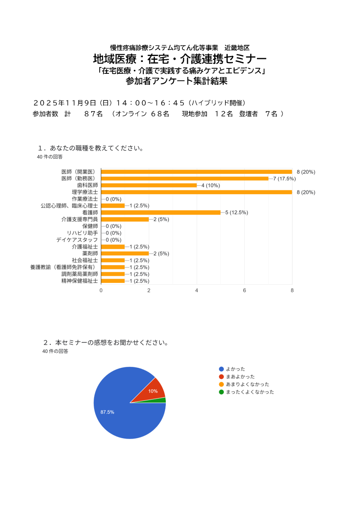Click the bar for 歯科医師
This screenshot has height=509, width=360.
coord(149,185)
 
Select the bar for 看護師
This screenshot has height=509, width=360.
coord(161,213)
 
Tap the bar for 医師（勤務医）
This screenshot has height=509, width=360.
coord(184,179)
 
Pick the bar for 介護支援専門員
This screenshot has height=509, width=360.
coord(125,219)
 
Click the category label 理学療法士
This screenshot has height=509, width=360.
coord(85,192)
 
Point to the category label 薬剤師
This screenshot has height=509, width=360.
coord(90,254)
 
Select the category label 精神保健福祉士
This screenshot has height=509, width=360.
coord(80,281)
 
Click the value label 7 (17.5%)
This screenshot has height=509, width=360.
coord(285,179)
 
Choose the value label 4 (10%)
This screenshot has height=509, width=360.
coord(211,185)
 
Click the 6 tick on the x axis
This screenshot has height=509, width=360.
coord(245,291)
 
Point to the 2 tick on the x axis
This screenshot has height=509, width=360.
coord(149,291)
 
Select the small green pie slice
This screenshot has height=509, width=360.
coord(162,400)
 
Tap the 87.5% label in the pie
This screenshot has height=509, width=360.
coord(107,412)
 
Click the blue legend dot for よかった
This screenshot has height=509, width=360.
coord(221,369)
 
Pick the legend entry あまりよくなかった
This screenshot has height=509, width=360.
coord(248,384)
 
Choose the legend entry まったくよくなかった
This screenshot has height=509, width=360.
coord(250,392)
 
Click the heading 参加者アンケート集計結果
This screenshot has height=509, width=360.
coord(177,81)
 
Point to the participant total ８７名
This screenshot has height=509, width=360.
coord(93,114)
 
